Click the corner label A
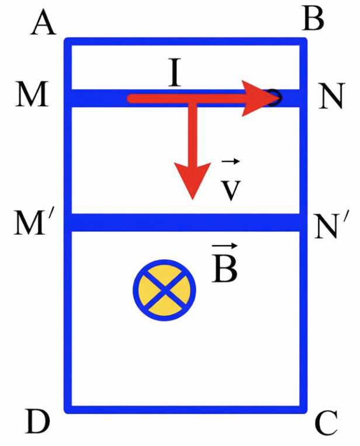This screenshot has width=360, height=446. pos(43,24)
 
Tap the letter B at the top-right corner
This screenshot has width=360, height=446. pos(313,19)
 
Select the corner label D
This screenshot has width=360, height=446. pos(37,421)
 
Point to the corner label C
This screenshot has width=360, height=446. pos(327,423)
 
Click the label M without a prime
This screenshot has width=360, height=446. pos(32,95)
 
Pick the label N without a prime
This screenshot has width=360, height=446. pos(331,96)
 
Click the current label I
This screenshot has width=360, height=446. pos(175,72)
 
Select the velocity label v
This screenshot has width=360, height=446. pos(231,190)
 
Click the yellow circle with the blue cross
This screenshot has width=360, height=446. pos(165,290)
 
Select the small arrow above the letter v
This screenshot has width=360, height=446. pos(231,162)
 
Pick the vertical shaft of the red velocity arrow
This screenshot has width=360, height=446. pos(193,134)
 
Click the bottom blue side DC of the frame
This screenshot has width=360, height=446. pos(185,410)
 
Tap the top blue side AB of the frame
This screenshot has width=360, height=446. pos(185,41)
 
